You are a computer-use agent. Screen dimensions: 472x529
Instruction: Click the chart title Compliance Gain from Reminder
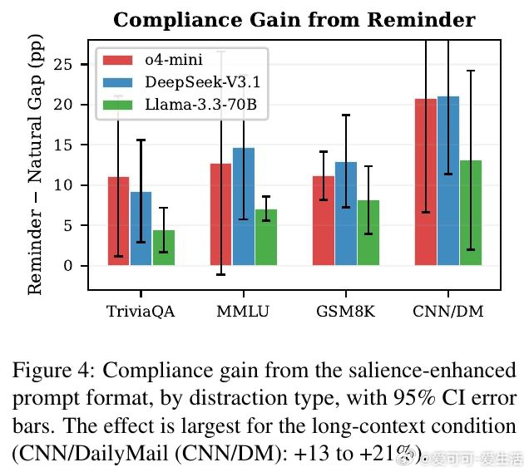pyautogui.click(x=294, y=20)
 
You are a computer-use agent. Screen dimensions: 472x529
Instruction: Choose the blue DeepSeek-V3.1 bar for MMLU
pyautogui.click(x=244, y=207)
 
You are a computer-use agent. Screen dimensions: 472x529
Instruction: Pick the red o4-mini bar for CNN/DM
pyautogui.click(x=426, y=182)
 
